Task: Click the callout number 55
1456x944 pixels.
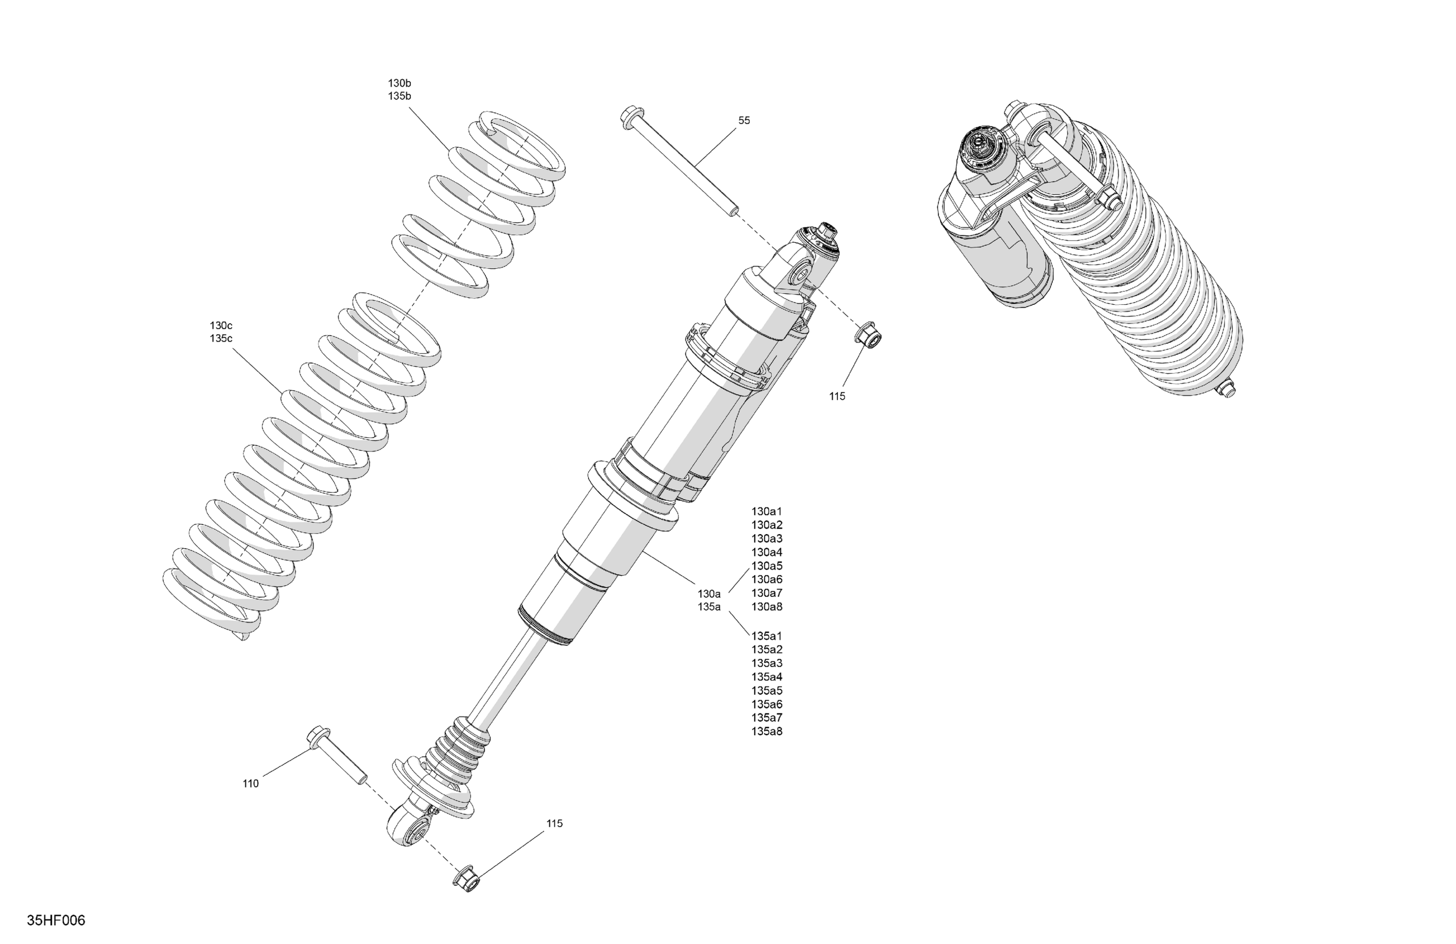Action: coord(744,120)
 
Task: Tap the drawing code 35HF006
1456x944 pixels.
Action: coord(56,920)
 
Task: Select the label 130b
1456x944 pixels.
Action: coord(399,83)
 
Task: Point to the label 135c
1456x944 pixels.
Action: coord(221,338)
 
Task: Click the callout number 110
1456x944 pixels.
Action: coord(250,784)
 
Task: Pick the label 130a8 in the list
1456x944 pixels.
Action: coord(766,607)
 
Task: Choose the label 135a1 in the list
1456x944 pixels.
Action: coord(766,636)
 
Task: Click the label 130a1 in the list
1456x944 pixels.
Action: coord(766,511)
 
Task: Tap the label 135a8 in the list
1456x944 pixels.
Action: coord(766,731)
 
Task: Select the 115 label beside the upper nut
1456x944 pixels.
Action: coord(837,396)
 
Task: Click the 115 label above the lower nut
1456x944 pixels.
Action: coord(554,824)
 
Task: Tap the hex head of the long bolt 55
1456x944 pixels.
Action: coord(630,118)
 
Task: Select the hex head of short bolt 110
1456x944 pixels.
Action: coord(319,735)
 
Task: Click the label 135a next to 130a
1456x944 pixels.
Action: coord(709,607)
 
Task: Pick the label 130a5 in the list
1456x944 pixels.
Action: coord(766,566)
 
